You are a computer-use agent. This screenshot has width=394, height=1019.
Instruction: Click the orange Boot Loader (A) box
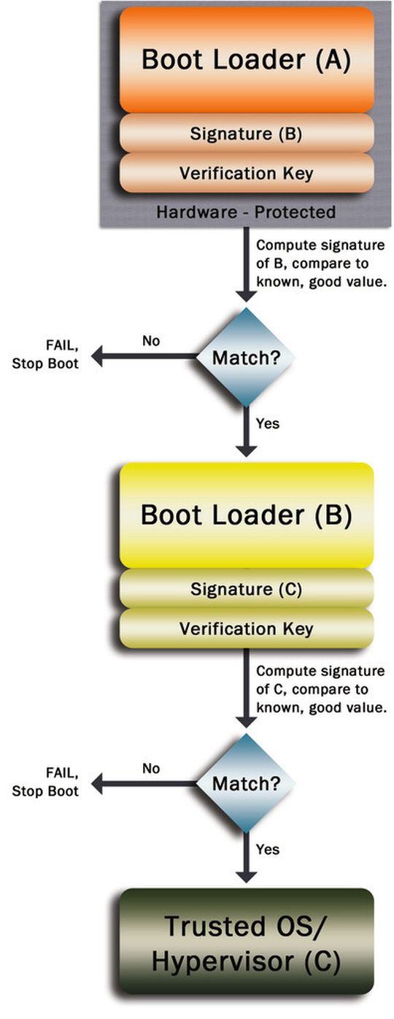[246, 60]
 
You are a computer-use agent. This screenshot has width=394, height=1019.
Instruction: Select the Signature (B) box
[246, 134]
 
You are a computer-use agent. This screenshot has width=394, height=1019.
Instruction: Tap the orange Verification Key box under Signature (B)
[246, 173]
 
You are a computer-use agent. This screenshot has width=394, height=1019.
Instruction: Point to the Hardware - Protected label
[246, 212]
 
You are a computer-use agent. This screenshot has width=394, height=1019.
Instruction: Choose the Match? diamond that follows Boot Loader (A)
[247, 357]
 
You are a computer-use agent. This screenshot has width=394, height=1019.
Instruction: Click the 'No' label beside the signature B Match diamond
[151, 341]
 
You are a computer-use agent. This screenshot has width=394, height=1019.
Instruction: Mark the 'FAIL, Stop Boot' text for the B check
[45, 356]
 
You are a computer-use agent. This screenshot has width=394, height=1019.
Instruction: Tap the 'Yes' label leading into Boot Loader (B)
[267, 423]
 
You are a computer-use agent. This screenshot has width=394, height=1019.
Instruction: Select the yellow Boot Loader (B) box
[246, 515]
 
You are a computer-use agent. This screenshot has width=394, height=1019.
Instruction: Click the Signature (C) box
[246, 589]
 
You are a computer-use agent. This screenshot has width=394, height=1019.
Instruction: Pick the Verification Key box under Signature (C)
[246, 628]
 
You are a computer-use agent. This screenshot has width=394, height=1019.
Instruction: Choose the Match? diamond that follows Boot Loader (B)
[247, 783]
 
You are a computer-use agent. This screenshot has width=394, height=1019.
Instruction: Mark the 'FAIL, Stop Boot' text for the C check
[45, 782]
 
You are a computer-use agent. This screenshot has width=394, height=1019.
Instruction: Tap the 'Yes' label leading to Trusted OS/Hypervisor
[267, 850]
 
